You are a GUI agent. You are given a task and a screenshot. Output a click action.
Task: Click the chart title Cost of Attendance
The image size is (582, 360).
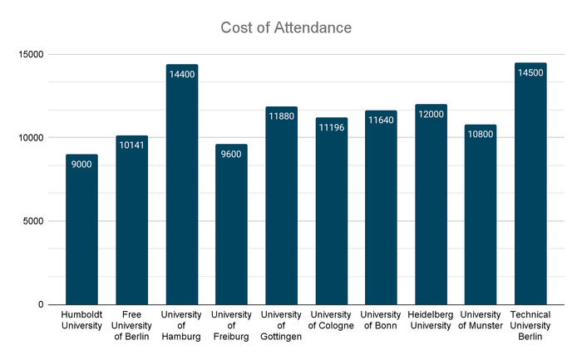click(x=286, y=27)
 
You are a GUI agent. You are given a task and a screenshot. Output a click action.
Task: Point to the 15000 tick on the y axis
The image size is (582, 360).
click(x=31, y=55)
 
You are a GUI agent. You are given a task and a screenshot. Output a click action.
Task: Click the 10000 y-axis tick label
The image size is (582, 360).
click(x=31, y=138)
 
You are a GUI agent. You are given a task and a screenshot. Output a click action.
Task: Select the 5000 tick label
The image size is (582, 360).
click(x=34, y=221)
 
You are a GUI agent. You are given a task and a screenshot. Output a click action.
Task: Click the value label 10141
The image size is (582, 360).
click(x=131, y=145)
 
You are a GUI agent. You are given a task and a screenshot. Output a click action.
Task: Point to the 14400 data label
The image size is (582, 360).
click(x=181, y=74)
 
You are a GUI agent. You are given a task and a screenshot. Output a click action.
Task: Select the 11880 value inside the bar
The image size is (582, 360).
click(x=281, y=116)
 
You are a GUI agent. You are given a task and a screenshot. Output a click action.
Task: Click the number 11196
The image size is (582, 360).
click(x=331, y=127)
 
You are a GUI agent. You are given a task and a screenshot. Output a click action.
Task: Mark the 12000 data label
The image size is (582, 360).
click(x=431, y=114)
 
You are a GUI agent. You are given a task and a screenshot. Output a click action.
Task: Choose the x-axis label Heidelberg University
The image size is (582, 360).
click(x=431, y=319)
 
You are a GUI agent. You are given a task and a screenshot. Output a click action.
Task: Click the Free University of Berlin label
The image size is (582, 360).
click(x=131, y=324)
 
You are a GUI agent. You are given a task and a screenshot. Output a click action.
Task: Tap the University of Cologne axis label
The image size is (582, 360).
click(x=331, y=319)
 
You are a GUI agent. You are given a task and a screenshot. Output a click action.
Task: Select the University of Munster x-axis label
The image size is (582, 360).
click(x=481, y=319)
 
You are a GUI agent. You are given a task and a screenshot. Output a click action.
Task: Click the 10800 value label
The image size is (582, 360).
click(x=481, y=134)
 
